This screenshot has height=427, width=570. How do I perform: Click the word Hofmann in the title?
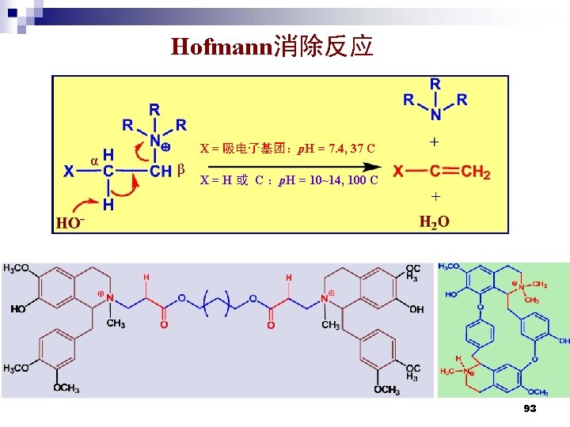tap(221, 47)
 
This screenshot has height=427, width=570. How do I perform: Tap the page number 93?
tap(530, 408)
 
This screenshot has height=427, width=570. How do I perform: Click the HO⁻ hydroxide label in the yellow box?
tap(70, 223)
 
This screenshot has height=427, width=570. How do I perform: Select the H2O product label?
tap(434, 221)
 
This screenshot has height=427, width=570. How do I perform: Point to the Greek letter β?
tap(181, 169)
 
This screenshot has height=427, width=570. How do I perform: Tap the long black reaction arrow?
tap(289, 167)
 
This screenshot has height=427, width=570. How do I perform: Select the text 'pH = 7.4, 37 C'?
tap(336, 149)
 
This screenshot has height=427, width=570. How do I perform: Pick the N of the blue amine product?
tap(435, 115)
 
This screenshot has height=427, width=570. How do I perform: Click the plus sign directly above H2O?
tap(435, 196)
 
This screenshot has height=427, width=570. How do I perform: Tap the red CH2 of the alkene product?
tap(476, 172)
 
